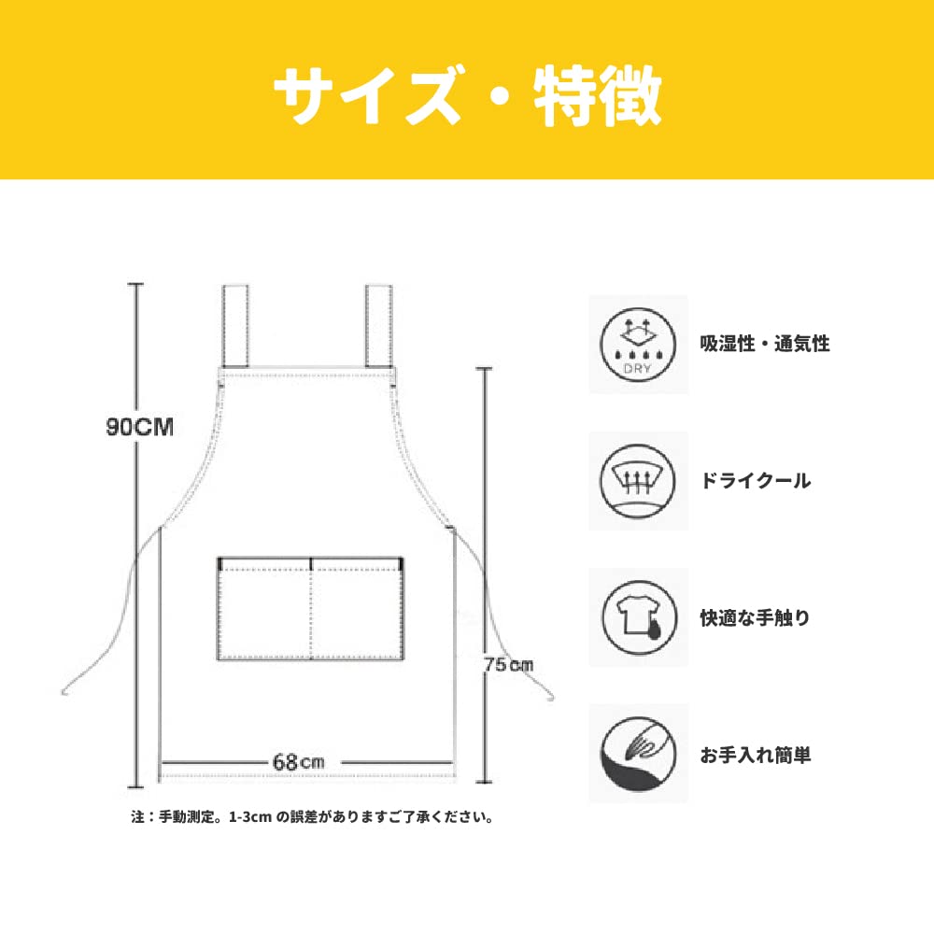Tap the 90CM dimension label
pos(140,428)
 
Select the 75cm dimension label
pos(509,664)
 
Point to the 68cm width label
pos(298,761)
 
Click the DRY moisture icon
pos(638,345)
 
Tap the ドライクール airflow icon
pos(638,481)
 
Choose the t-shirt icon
pos(638,617)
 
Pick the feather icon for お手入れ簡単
pos(638,754)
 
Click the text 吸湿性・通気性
pos(764,345)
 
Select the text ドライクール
pos(755,482)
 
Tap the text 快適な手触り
pos(755,618)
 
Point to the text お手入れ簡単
pos(755,755)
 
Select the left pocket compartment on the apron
pos(264,612)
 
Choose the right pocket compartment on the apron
pos(356,612)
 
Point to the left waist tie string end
pos(65,691)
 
